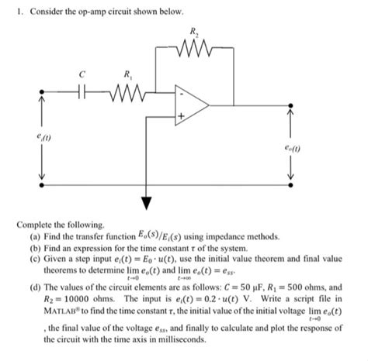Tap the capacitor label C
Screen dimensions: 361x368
(75, 75)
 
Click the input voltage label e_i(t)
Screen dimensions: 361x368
(30, 139)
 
